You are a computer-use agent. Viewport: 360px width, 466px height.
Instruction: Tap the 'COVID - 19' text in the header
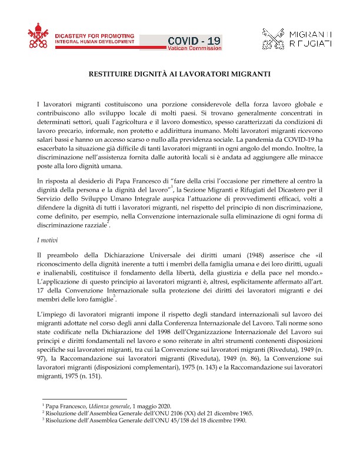(x=194, y=40)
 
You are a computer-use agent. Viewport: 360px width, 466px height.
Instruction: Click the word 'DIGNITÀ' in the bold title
(x=145, y=75)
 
